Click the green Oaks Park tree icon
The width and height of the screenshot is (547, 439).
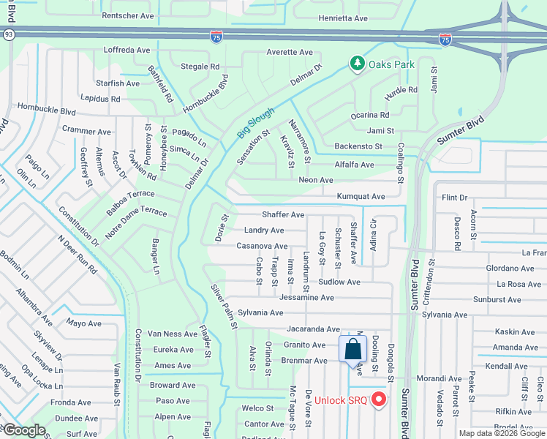pyautogui.click(x=357, y=64)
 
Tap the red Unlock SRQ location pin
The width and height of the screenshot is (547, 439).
pyautogui.click(x=379, y=399)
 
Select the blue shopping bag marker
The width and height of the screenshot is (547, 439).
pyautogui.click(x=352, y=348)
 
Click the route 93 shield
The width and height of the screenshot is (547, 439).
pyautogui.click(x=7, y=34)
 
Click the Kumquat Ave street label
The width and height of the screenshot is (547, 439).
pyautogui.click(x=361, y=197)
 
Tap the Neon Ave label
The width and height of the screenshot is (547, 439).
pyautogui.click(x=316, y=180)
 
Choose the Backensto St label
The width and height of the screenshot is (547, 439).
pyautogui.click(x=358, y=146)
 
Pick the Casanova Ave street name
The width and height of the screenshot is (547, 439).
pyautogui.click(x=262, y=247)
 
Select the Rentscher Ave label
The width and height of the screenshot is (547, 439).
pyautogui.click(x=128, y=15)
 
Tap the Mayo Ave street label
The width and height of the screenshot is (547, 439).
pyautogui.click(x=83, y=323)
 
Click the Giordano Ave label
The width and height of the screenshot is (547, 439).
pyautogui.click(x=510, y=269)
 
